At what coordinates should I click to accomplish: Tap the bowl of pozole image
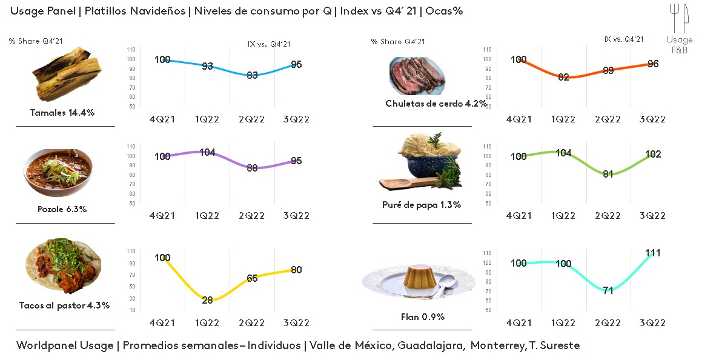[x=58, y=172]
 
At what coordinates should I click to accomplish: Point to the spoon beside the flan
[x=446, y=284]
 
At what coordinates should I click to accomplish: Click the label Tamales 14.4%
[x=62, y=113]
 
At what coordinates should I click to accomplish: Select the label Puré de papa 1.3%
[x=422, y=205]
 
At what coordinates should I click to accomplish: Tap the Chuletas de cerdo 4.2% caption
[x=436, y=104]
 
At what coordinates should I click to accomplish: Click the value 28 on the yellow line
[x=207, y=300]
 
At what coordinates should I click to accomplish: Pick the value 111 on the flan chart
[x=653, y=253]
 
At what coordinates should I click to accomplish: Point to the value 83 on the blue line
[x=252, y=75]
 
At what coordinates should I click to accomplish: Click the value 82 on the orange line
[x=563, y=77]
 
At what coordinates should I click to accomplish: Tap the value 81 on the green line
[x=608, y=174]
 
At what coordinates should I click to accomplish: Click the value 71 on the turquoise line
[x=608, y=290]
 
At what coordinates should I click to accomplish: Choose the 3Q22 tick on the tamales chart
[x=297, y=119]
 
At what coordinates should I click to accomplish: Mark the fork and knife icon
[x=680, y=18]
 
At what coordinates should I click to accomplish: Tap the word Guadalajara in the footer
[x=431, y=345]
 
